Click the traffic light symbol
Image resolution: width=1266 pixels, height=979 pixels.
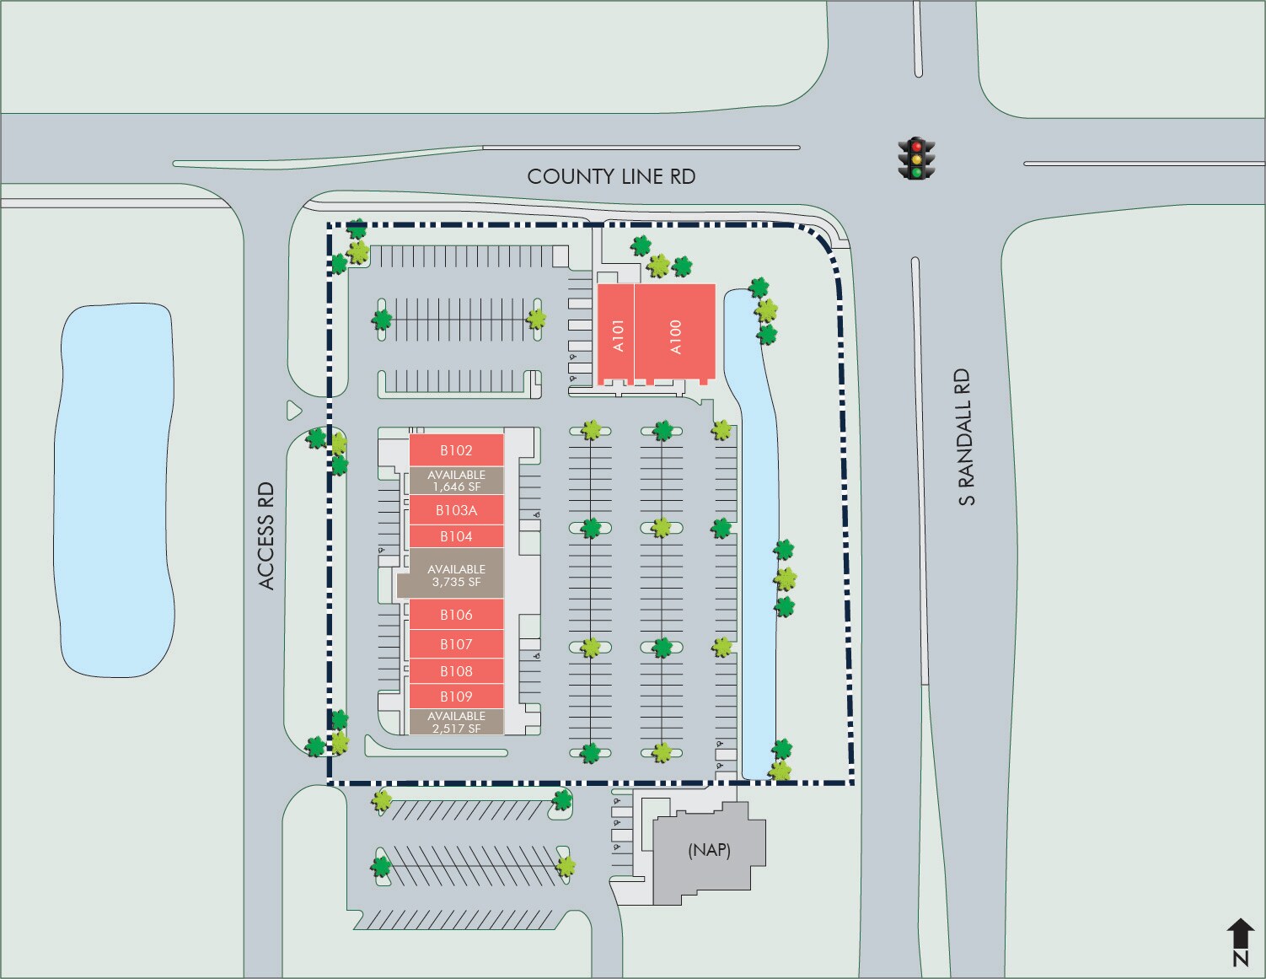[x=916, y=159]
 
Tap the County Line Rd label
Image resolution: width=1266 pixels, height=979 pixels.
[x=611, y=176]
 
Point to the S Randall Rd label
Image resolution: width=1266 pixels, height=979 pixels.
[x=965, y=437]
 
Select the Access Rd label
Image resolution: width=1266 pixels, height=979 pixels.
[x=266, y=535]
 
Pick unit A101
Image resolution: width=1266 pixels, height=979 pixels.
[x=616, y=335]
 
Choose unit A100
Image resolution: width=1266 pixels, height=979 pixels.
[x=674, y=335]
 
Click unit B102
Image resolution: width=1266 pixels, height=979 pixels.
[x=456, y=450]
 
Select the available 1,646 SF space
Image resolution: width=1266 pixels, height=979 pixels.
[x=456, y=481]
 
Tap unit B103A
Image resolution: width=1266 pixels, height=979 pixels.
[x=456, y=510]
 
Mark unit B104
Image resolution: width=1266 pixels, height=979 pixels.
[x=456, y=536]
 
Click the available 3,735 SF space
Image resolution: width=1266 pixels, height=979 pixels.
[x=456, y=575]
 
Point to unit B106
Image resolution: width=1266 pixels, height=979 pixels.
[x=456, y=615]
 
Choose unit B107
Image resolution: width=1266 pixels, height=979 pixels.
[x=456, y=644]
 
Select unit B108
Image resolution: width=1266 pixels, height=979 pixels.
[x=456, y=671]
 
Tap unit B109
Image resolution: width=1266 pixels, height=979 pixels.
[x=456, y=697]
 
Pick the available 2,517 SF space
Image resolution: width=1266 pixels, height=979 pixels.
[x=456, y=722]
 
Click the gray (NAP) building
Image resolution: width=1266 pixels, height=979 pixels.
[x=709, y=850]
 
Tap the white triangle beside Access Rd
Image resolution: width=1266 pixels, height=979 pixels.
[x=293, y=411]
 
